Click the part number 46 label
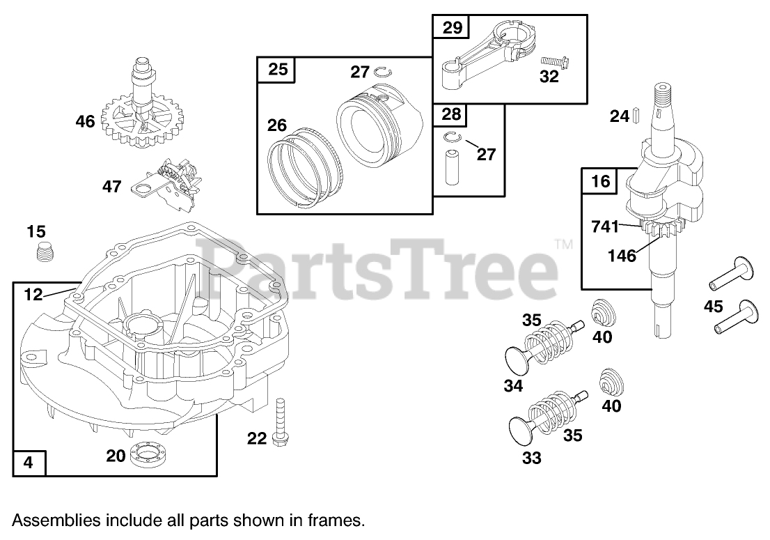(85, 122)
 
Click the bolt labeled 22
(281, 422)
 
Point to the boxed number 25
(277, 70)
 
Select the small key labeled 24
(635, 116)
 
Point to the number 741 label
(605, 226)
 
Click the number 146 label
(622, 256)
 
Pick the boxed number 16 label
(600, 182)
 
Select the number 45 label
(713, 306)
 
